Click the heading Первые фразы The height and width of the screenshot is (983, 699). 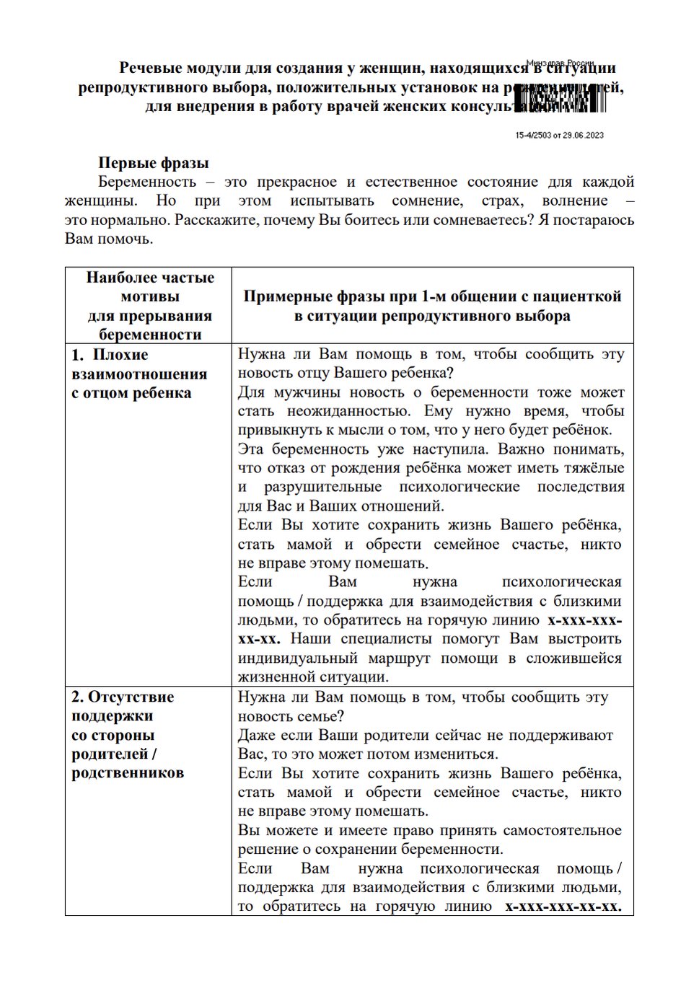tap(153, 163)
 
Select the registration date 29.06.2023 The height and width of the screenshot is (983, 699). tap(583, 135)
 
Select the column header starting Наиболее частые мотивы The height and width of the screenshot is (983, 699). tap(149, 305)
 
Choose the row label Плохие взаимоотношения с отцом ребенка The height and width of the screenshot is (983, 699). tap(139, 374)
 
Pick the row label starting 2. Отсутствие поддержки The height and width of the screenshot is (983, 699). tap(128, 734)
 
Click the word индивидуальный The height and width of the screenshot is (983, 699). tap(297, 658)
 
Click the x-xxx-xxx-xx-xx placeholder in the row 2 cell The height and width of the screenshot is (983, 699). tap(563, 907)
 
